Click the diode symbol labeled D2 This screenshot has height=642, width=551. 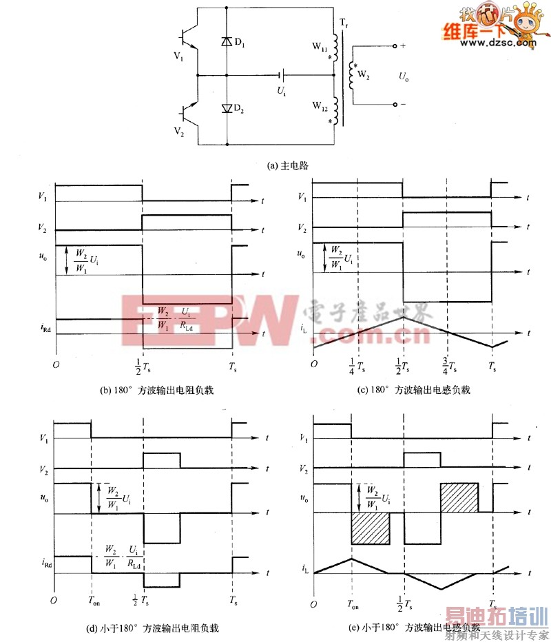pos(226,109)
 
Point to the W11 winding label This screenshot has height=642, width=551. pos(320,47)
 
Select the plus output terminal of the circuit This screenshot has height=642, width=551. pos(395,46)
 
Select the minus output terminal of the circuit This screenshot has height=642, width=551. pos(395,105)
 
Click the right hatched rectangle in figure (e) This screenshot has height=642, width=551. pos(459,498)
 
